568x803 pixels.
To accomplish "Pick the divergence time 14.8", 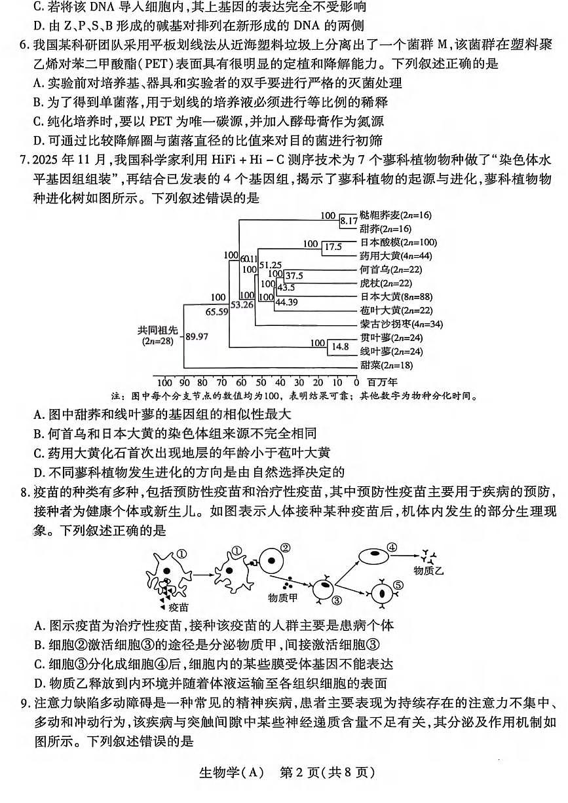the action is [x=341, y=347].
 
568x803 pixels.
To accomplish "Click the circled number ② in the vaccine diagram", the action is [x=285, y=548].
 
